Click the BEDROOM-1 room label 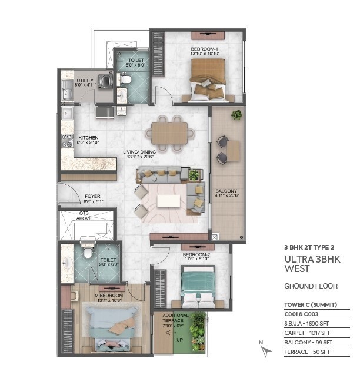204,49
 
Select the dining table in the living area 169,133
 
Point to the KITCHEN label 88,138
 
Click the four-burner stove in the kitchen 67,141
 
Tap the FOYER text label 92,196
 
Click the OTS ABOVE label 84,216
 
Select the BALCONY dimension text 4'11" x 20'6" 226,195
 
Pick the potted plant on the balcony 236,115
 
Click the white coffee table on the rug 168,201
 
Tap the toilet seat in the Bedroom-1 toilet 125,79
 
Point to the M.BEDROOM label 109,296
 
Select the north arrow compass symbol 265,350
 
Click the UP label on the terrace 179,340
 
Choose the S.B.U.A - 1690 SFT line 306,324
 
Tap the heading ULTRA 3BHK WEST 312,264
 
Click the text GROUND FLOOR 311,286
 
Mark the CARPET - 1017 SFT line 307,333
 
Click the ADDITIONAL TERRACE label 175,318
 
